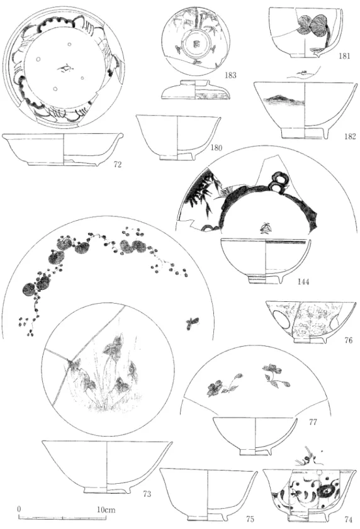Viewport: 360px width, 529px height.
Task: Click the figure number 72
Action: click(117, 165)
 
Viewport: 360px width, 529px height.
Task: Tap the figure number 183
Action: click(230, 75)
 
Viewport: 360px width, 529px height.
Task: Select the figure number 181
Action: click(344, 56)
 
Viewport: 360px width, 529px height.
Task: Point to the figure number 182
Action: click(350, 136)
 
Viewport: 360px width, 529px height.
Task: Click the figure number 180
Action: click(216, 148)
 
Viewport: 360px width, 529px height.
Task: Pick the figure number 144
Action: click(303, 281)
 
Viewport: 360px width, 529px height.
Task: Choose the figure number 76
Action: click(348, 340)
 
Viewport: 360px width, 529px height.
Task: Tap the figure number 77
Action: click(313, 421)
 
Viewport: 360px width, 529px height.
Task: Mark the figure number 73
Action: click(147, 494)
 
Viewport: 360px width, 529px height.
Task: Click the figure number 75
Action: click(250, 519)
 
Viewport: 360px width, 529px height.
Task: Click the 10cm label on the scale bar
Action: click(106, 510)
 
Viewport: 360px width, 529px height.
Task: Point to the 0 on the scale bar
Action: click(20, 509)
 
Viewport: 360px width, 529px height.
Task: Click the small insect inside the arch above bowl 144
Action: click(264, 228)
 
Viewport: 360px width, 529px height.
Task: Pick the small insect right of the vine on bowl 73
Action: click(191, 323)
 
